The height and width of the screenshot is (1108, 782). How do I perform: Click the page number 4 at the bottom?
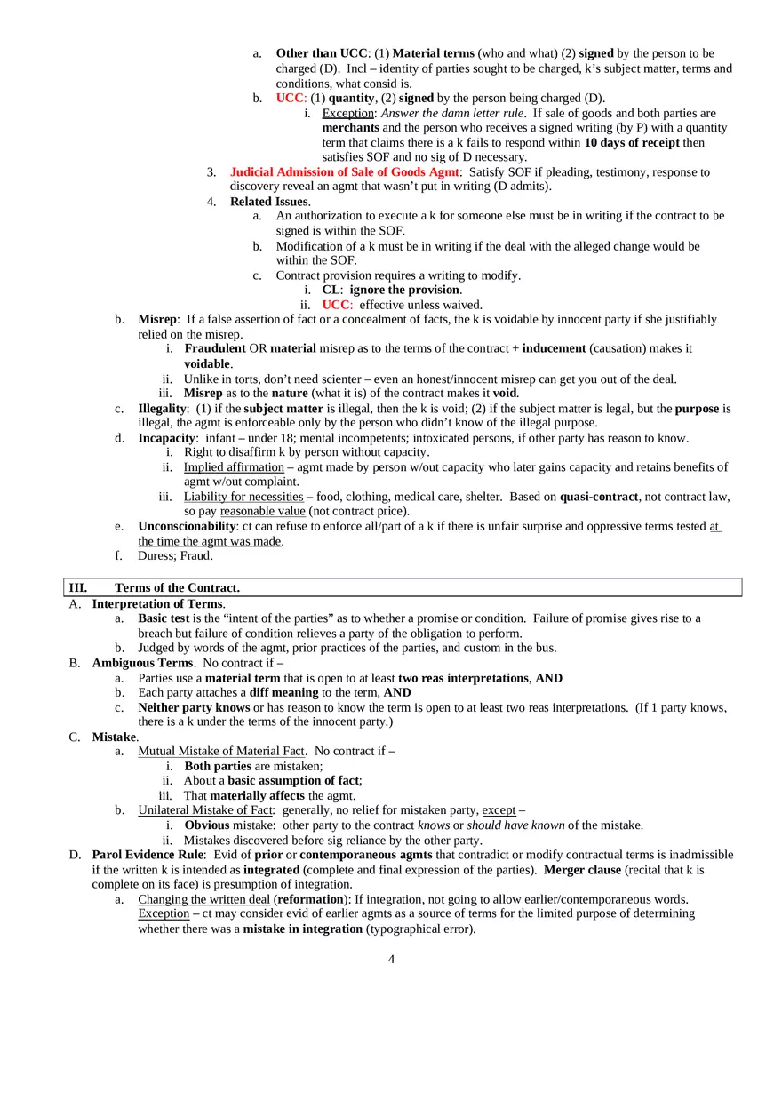391,959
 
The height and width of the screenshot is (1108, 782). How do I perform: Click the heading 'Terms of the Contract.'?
177,588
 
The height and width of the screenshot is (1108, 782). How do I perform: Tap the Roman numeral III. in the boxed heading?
78,588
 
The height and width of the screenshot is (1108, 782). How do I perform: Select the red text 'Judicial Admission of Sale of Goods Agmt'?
345,172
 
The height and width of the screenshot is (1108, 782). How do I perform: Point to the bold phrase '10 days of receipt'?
632,143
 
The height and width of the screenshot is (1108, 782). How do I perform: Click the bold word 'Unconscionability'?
187,527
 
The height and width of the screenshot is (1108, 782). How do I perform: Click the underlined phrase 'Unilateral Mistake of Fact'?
205,810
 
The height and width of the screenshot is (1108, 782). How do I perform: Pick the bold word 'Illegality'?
163,409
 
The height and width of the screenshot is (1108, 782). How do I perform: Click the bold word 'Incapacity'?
166,438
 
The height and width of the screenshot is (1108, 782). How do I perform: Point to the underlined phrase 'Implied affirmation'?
234,467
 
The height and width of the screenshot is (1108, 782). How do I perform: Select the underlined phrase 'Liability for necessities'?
243,497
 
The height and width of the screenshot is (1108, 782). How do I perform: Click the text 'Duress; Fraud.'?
175,556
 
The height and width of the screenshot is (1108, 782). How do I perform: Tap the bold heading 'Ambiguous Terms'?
142,663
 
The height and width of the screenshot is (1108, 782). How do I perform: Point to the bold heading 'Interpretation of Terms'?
156,604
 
